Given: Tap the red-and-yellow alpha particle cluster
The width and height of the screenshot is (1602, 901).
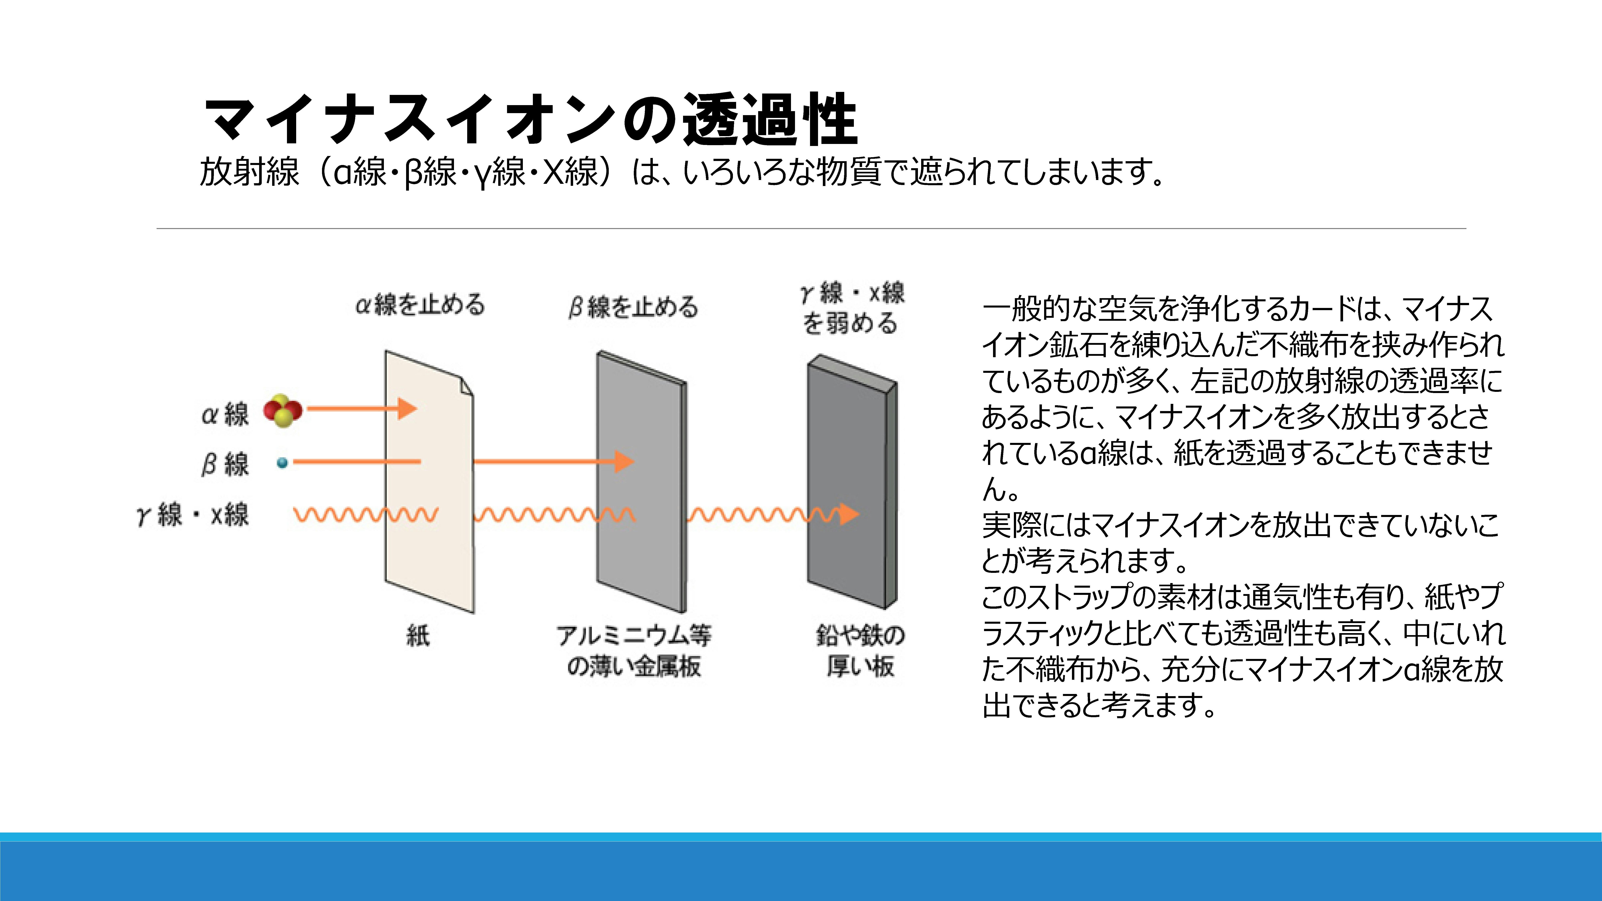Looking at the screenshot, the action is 283,410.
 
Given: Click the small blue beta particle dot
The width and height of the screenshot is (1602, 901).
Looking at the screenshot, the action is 282,463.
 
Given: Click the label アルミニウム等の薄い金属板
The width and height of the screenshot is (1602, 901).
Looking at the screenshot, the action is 634,650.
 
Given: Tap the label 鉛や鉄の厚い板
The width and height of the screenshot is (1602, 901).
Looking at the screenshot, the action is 861,650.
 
